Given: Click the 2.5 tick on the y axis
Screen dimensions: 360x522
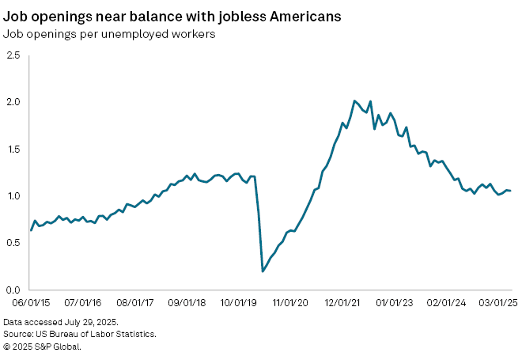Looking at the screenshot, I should [x=13, y=55].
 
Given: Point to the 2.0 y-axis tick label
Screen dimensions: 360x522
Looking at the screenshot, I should [x=13, y=102].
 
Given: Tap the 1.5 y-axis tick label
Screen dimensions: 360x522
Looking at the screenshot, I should [x=13, y=149].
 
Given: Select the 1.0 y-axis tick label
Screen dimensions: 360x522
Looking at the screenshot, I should [x=13, y=196].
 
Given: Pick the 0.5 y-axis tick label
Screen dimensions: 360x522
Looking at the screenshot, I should [x=13, y=243].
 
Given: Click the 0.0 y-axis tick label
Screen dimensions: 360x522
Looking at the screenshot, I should [x=13, y=290].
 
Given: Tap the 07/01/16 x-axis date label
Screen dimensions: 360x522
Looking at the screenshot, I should [x=81, y=303].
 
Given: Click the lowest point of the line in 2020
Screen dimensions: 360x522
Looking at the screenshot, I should [x=263, y=271].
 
